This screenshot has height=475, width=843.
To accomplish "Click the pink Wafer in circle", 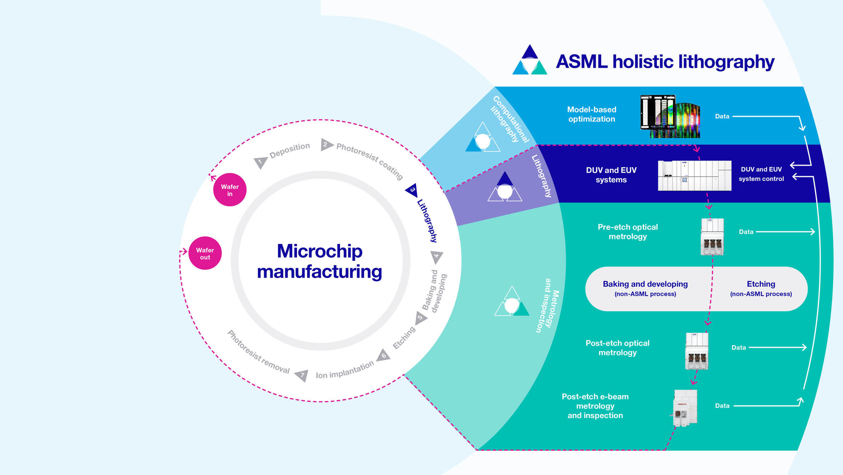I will coord(230,190).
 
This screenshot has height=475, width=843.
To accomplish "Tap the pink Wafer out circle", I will coord(205,253).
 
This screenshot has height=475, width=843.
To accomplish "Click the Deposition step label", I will coord(290,150).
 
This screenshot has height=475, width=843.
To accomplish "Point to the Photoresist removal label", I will coord(258,352).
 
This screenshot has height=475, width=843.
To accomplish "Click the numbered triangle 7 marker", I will coord(302,375).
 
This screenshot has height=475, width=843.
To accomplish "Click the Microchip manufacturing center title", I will coord(319,261).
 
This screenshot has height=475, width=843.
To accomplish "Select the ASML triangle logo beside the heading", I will coord(530,61).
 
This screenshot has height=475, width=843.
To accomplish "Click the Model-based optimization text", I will coord(591,114).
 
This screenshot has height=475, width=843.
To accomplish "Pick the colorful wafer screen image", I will coord(670,116).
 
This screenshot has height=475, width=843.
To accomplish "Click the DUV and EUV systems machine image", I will coord(694,175).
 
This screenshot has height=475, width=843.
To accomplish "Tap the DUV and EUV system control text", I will coord(761,174).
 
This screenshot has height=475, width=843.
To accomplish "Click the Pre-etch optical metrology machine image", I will coord(712,237).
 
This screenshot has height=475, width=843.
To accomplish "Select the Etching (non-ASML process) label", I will coord(760,288).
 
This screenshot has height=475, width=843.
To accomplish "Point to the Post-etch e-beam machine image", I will coord(685,408).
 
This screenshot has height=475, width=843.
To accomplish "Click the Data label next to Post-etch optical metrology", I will coord(739,348).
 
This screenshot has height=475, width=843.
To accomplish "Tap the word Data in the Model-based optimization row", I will coord(722,117).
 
